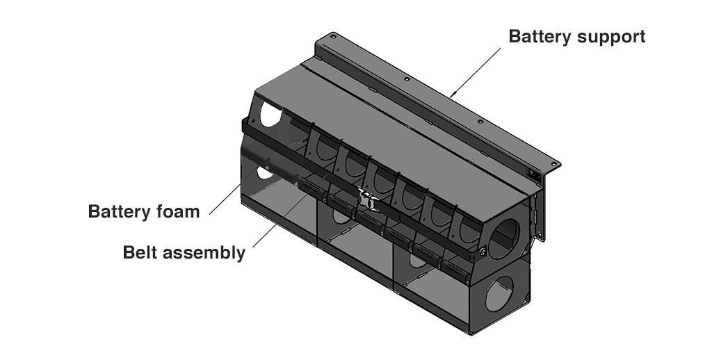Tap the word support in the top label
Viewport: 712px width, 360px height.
pyautogui.click(x=613, y=37)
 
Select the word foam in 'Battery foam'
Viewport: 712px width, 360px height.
pyautogui.click(x=177, y=211)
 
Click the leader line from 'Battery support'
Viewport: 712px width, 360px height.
pyautogui.click(x=476, y=70)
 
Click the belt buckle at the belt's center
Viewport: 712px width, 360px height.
pyautogui.click(x=366, y=199)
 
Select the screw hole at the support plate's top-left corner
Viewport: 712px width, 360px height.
pyautogui.click(x=333, y=36)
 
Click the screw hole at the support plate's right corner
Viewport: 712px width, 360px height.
pyautogui.click(x=553, y=163)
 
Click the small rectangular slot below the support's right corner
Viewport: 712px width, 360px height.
pyautogui.click(x=533, y=174)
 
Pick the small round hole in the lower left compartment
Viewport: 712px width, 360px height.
pyautogui.click(x=261, y=171)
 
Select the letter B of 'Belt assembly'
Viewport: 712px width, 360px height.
pyautogui.click(x=129, y=252)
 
